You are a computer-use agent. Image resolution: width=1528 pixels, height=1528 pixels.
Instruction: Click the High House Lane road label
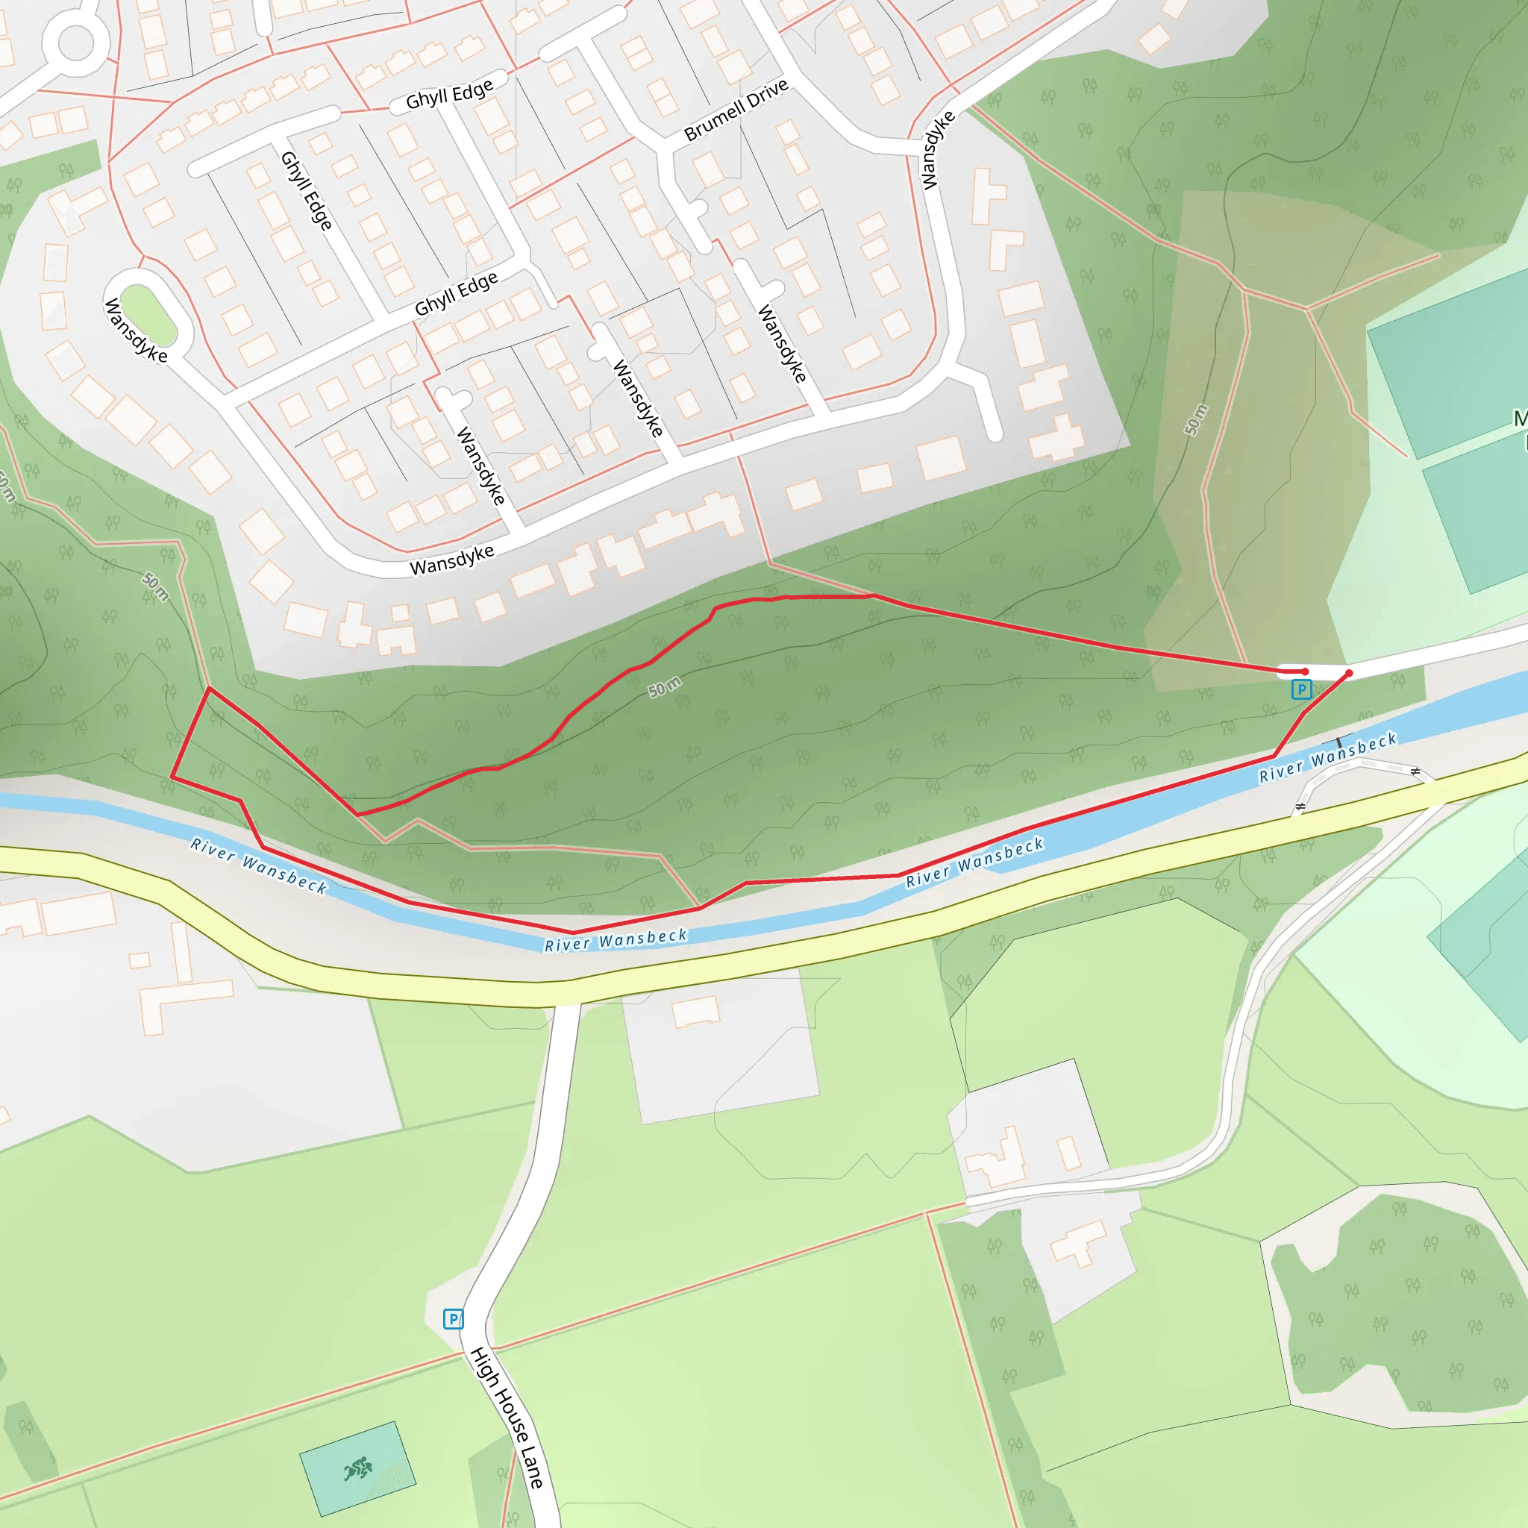pyautogui.click(x=506, y=1418)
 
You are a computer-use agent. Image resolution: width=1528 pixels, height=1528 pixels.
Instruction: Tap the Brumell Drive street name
pyautogui.click(x=736, y=110)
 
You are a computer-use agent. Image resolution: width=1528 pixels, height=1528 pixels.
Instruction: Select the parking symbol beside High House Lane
pyautogui.click(x=453, y=1318)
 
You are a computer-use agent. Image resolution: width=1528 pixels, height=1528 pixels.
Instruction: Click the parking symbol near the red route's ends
pyautogui.click(x=1301, y=689)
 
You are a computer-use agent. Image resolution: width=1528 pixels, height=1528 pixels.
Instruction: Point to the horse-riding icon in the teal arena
pyautogui.click(x=358, y=1468)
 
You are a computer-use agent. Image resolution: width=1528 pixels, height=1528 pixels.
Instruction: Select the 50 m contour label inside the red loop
pyautogui.click(x=664, y=686)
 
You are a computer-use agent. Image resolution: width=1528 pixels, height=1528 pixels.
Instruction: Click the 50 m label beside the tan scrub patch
pyautogui.click(x=1196, y=419)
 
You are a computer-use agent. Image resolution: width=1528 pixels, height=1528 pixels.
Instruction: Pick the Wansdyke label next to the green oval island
pyautogui.click(x=136, y=331)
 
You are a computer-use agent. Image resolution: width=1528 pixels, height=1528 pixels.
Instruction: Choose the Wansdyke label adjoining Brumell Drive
pyautogui.click(x=939, y=150)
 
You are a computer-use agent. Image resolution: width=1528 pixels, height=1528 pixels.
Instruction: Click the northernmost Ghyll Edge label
pyautogui.click(x=449, y=94)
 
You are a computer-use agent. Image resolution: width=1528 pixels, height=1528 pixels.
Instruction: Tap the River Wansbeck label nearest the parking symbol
pyautogui.click(x=1328, y=757)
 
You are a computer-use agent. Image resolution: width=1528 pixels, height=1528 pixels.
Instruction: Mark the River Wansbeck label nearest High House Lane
pyautogui.click(x=616, y=939)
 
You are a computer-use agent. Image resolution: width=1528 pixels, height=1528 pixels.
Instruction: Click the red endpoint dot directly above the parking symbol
pyautogui.click(x=1305, y=671)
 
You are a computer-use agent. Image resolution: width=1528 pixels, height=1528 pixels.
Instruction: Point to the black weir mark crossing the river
pyautogui.click(x=1339, y=742)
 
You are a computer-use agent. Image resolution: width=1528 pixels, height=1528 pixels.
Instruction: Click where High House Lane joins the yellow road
pyautogui.click(x=566, y=1003)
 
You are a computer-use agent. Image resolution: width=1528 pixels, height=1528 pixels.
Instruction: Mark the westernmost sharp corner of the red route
pyautogui.click(x=172, y=777)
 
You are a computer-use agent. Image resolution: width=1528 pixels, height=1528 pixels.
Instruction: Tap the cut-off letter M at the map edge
pyautogui.click(x=1520, y=419)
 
